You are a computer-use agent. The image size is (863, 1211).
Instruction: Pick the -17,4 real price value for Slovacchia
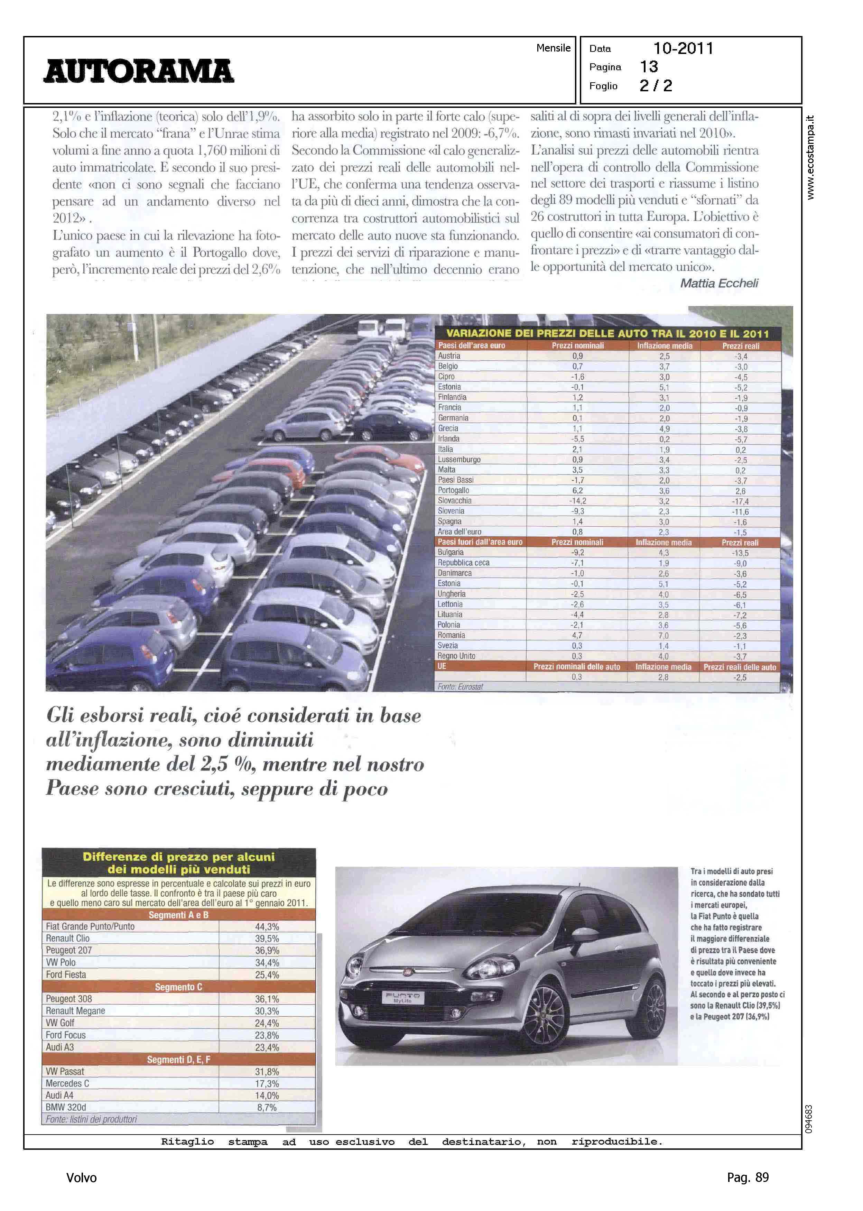pyautogui.click(x=740, y=501)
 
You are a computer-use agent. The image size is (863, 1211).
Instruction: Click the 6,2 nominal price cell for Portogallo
pyautogui.click(x=577, y=490)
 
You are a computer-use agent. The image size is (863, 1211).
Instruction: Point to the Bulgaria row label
pyautogui.click(x=451, y=553)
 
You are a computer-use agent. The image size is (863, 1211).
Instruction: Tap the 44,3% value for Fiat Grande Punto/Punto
pyautogui.click(x=267, y=926)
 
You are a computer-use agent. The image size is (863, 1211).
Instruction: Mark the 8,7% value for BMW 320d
pyautogui.click(x=267, y=1107)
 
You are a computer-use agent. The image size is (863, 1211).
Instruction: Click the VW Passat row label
pyautogui.click(x=65, y=1071)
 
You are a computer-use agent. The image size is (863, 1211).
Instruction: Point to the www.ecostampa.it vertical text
pyautogui.click(x=810, y=157)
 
